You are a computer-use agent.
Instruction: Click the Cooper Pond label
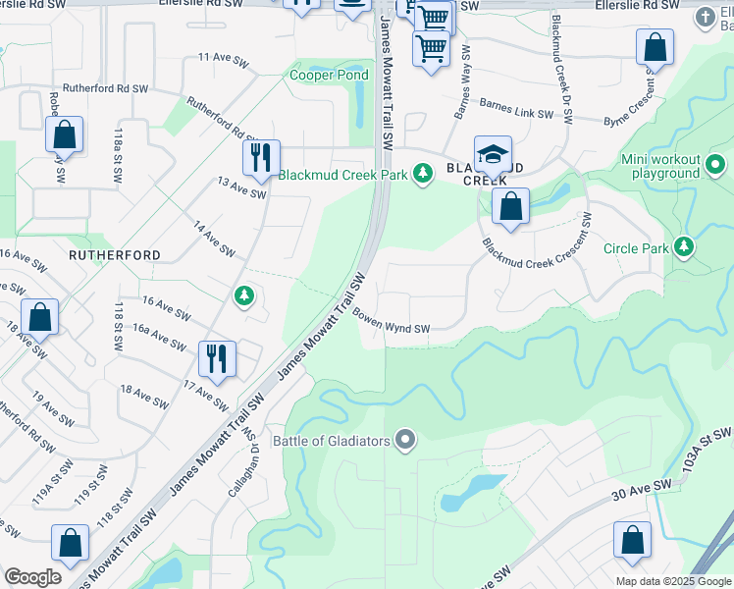click(x=329, y=75)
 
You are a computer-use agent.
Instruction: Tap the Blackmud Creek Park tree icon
click(x=423, y=174)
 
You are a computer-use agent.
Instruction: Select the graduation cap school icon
click(x=493, y=154)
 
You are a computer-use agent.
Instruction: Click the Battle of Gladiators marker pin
click(x=405, y=440)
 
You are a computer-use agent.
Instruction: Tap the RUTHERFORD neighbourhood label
click(x=114, y=254)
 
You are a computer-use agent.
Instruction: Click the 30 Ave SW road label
click(x=641, y=491)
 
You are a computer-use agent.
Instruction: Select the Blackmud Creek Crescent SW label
click(x=536, y=257)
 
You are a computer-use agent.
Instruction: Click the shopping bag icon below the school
click(x=510, y=206)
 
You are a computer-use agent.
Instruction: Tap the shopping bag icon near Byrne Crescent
click(x=655, y=47)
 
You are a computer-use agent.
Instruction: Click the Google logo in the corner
click(x=31, y=577)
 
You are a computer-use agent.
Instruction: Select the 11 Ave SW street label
click(x=220, y=58)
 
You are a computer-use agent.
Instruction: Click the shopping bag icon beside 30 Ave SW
click(x=632, y=540)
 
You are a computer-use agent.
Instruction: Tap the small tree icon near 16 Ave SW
click(x=243, y=294)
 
